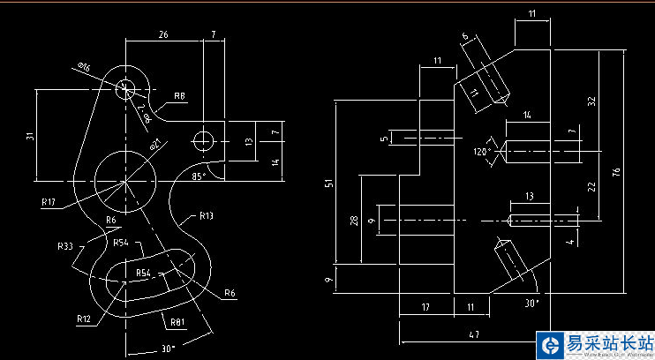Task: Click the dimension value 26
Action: pos(164,34)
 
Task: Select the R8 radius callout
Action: pos(179,95)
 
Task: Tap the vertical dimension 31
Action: pos(29,136)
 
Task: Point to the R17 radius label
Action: pos(49,202)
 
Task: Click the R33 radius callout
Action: pos(65,246)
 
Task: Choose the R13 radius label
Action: pos(206,214)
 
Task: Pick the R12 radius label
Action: pos(84,318)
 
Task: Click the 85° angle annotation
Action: pos(199,176)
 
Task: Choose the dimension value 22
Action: pos(592,185)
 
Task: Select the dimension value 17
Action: pos(425,307)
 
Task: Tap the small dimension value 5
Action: pos(384,139)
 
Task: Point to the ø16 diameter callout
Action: pos(85,68)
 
